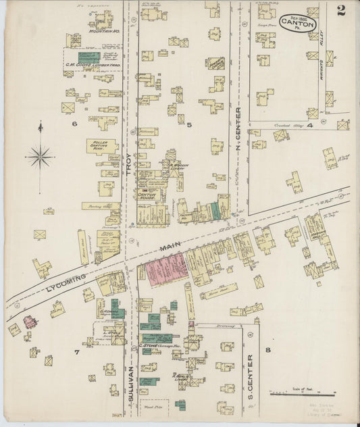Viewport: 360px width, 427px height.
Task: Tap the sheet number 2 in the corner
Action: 342,9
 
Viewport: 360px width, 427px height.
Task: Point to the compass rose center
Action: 40,157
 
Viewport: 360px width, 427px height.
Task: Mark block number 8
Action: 268,349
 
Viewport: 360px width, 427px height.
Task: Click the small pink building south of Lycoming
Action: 28,320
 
